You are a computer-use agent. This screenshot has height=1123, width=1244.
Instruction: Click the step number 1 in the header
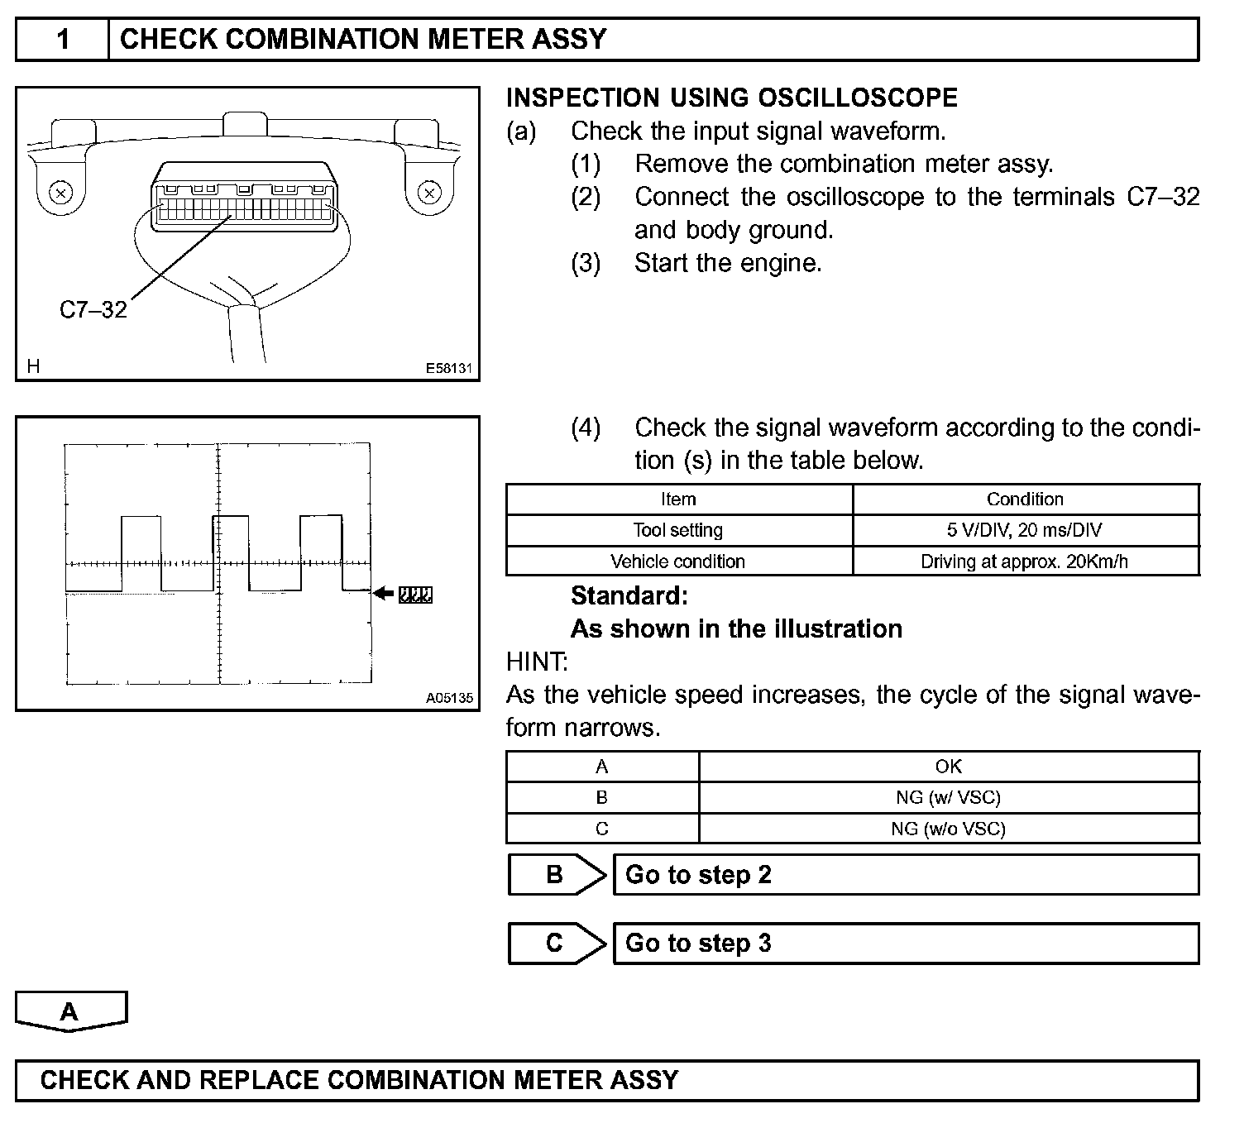(x=63, y=40)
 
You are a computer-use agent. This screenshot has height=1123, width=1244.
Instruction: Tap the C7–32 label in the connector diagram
(x=93, y=310)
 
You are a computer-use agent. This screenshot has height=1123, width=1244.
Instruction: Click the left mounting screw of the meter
(x=60, y=194)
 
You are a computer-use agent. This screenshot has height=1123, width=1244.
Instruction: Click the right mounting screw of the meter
(x=428, y=194)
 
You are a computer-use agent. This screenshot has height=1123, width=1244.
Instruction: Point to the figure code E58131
(x=448, y=368)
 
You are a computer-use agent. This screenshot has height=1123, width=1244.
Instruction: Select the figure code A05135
(x=449, y=698)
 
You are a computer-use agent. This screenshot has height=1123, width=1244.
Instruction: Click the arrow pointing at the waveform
(x=384, y=593)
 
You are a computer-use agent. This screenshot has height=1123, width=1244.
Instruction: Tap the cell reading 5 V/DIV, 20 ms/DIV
(x=1025, y=530)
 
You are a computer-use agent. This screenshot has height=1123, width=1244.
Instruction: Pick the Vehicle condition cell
(x=677, y=561)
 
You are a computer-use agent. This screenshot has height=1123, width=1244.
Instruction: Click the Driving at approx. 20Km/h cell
(x=1025, y=561)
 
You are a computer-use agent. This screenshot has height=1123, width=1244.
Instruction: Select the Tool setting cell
(x=677, y=530)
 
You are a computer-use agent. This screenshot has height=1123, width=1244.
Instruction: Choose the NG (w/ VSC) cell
(x=948, y=797)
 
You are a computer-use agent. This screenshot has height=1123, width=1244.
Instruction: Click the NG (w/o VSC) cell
(x=948, y=829)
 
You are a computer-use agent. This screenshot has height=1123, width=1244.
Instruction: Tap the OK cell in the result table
(x=948, y=767)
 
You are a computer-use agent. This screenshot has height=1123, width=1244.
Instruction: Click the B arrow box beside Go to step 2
(x=555, y=875)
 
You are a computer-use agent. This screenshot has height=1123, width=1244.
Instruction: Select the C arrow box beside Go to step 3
(x=555, y=944)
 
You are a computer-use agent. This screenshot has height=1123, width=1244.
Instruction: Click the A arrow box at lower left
(x=70, y=1011)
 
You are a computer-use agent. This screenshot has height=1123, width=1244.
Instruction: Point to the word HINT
(x=536, y=662)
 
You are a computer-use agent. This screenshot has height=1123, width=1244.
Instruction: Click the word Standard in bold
(x=629, y=596)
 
